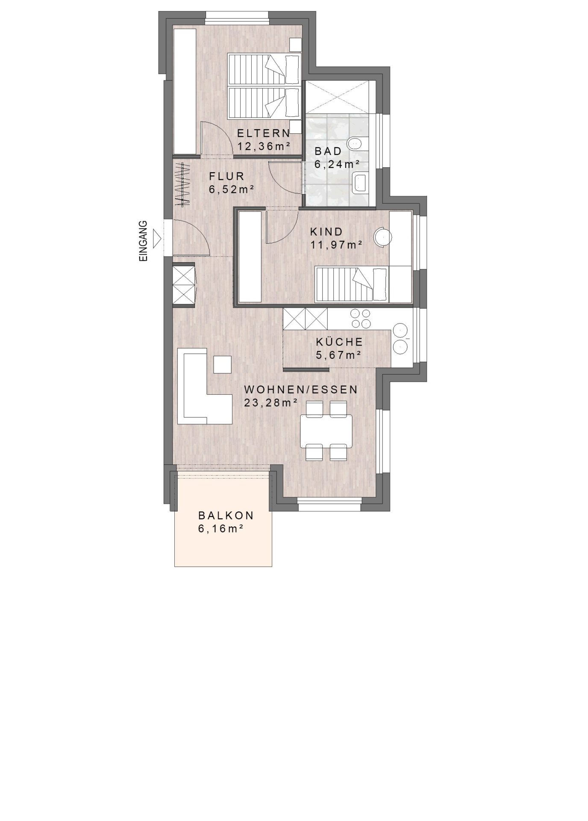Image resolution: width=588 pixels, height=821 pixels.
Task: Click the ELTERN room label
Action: click(x=264, y=133)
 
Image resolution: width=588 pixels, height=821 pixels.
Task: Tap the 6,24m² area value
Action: click(x=337, y=164)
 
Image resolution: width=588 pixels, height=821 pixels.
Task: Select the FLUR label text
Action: click(x=226, y=176)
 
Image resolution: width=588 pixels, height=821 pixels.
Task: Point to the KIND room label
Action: click(x=326, y=232)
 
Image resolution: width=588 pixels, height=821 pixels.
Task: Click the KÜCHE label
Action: click(x=340, y=342)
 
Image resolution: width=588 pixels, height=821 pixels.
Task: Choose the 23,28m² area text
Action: click(x=270, y=403)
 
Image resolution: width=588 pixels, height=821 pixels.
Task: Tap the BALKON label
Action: click(x=226, y=515)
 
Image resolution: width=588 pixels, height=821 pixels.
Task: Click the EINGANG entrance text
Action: click(x=144, y=241)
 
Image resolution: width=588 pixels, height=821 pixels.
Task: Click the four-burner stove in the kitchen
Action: click(x=360, y=319)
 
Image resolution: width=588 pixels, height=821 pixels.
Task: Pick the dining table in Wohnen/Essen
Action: click(x=326, y=430)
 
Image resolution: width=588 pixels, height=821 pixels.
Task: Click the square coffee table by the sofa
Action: click(x=222, y=364)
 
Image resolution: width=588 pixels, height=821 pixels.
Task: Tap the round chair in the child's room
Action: click(x=382, y=237)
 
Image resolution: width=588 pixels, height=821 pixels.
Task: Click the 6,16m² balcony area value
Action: click(x=220, y=529)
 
